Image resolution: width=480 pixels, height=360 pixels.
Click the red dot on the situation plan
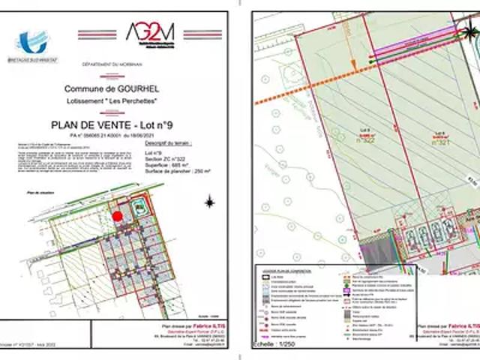click(x=118, y=216)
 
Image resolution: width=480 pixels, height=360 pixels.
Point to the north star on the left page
click(x=211, y=202)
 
